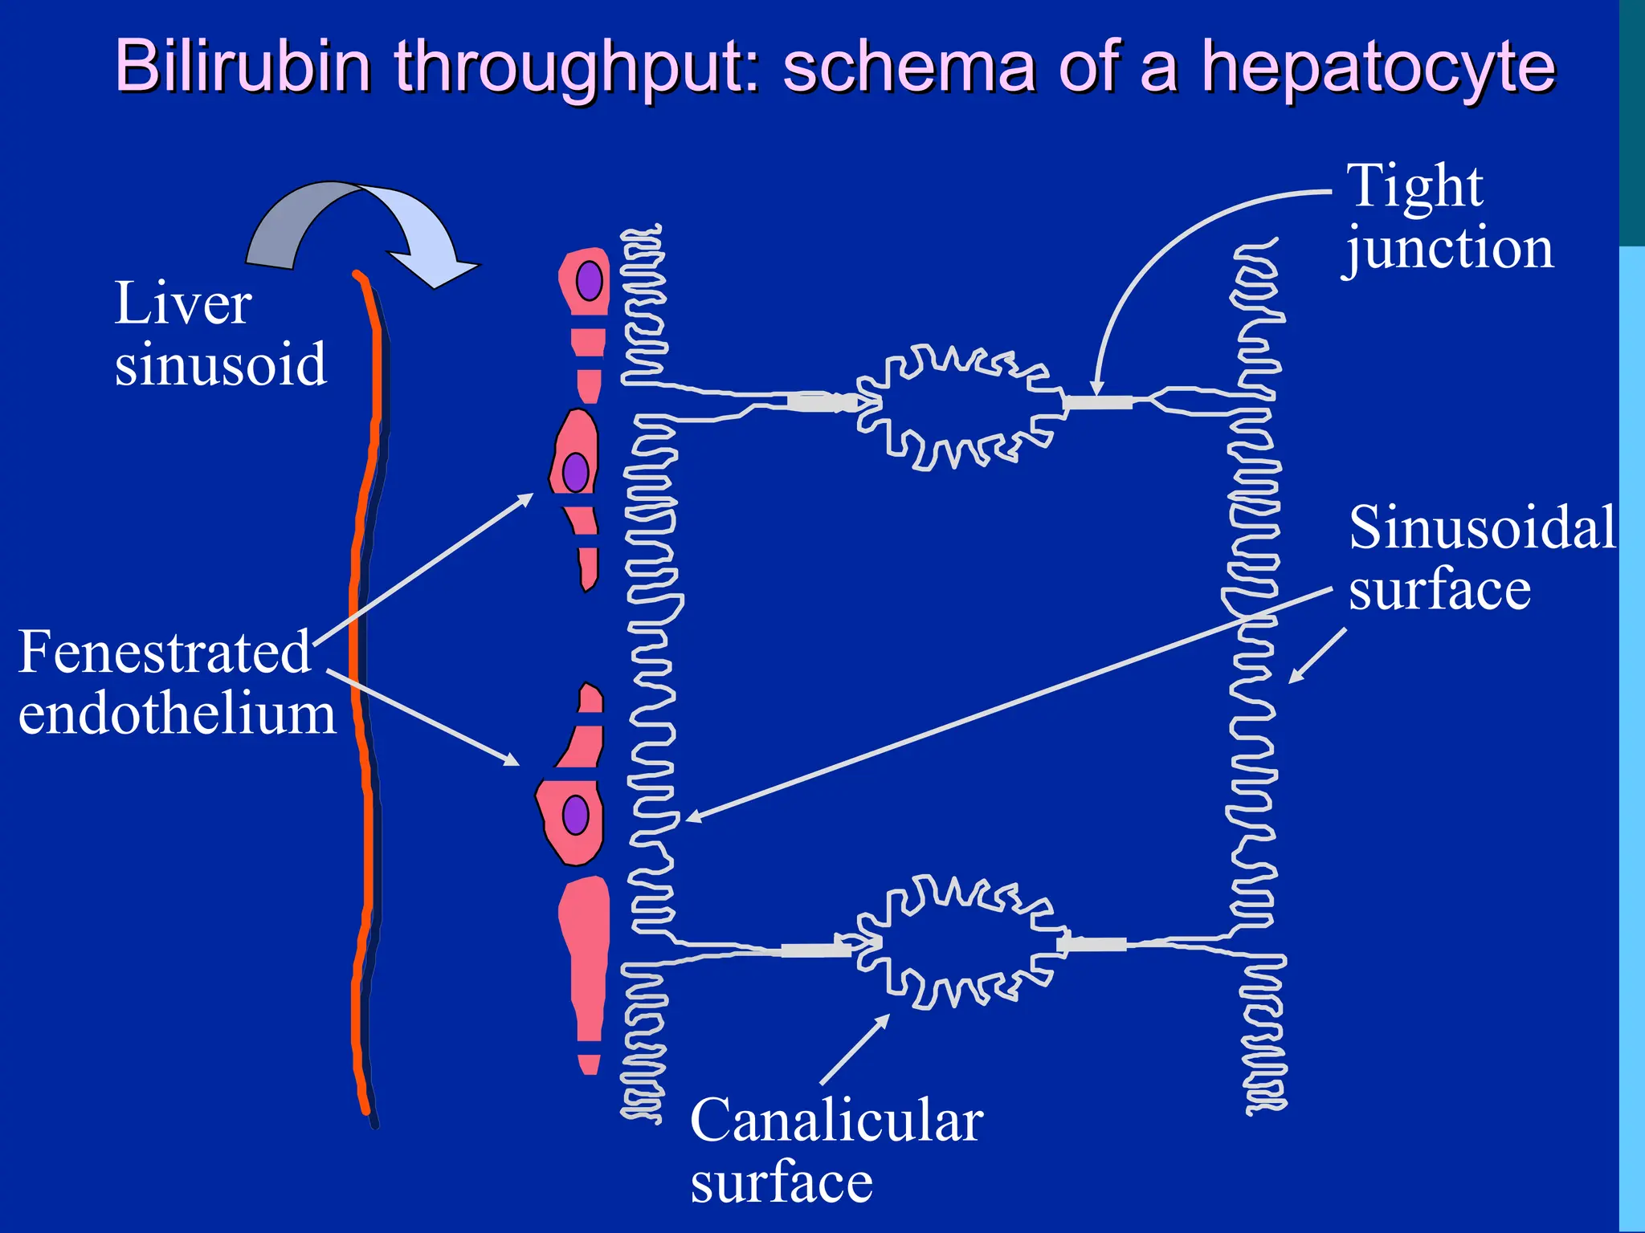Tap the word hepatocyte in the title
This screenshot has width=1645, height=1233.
1378,67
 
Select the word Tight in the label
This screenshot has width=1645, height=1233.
1414,185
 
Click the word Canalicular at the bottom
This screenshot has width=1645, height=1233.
836,1121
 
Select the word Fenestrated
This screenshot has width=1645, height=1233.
164,652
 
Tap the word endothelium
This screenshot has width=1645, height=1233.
177,714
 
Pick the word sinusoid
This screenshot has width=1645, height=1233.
220,364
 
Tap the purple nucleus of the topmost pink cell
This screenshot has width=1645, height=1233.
590,280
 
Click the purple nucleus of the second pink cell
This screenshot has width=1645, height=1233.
575,472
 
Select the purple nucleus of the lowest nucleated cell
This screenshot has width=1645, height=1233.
575,816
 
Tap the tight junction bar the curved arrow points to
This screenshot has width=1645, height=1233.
1098,402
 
